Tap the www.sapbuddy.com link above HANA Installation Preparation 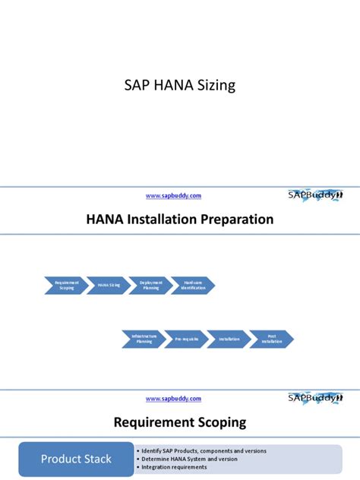click(x=173, y=195)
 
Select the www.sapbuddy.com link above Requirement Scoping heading click(x=173, y=398)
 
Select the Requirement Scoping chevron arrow click(x=66, y=286)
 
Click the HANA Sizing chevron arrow click(x=109, y=286)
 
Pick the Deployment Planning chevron click(x=151, y=286)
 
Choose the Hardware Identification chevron click(x=193, y=286)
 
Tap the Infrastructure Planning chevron click(x=144, y=339)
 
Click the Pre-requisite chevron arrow click(x=186, y=339)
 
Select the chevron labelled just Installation click(x=229, y=339)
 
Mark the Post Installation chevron click(x=271, y=339)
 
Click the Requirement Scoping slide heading click(x=179, y=422)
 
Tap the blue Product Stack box click(x=76, y=459)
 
